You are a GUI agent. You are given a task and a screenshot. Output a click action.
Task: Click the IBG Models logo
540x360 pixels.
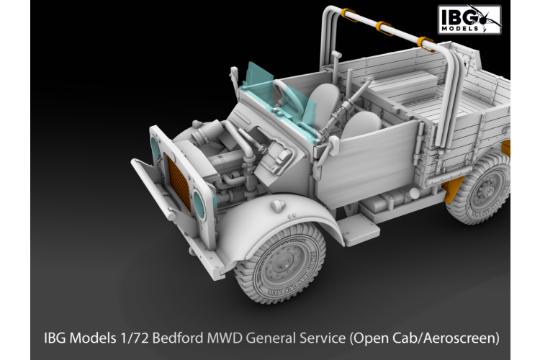[x=469, y=19]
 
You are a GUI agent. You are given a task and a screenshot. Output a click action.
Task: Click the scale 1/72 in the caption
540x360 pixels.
[x=134, y=337]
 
